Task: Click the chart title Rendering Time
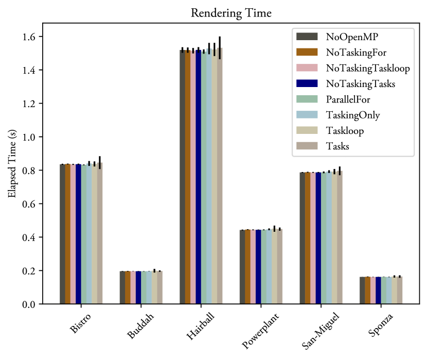(x=231, y=13)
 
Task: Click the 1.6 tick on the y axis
(x=30, y=37)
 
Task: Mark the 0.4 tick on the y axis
(x=30, y=237)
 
